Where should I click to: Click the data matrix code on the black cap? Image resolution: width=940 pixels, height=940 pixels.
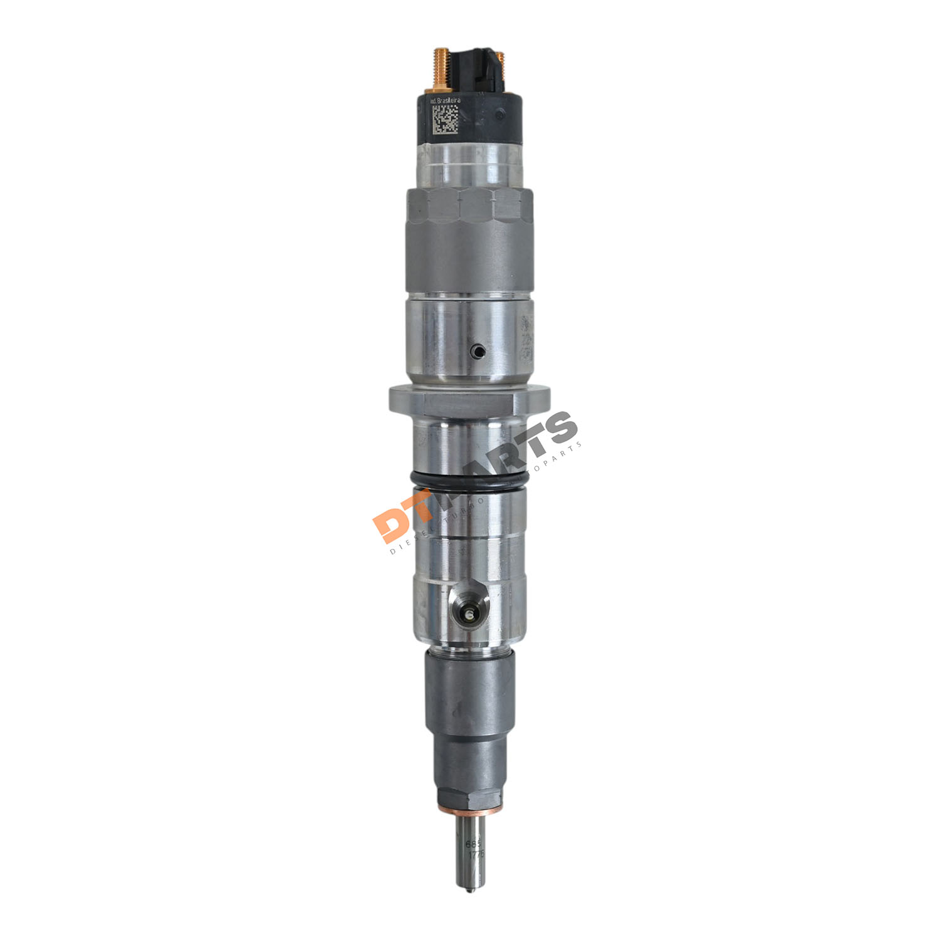pos(444,118)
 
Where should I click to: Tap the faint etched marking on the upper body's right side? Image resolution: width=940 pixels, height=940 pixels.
pos(525,338)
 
